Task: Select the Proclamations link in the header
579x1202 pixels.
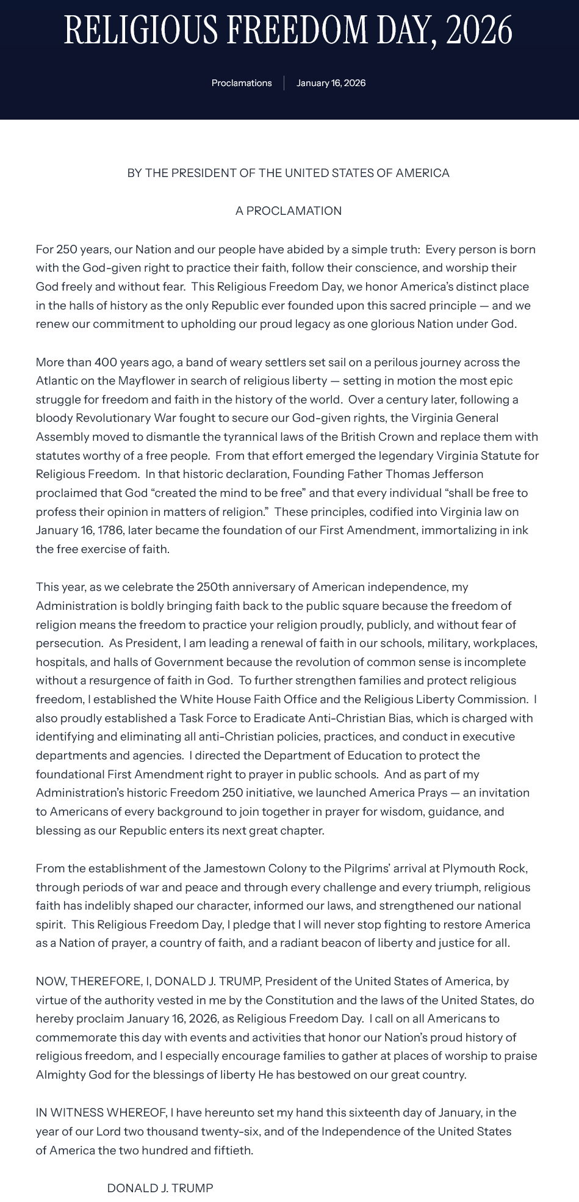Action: coord(242,83)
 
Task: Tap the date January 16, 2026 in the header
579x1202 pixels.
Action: coord(331,83)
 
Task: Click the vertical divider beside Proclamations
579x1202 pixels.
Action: coord(284,83)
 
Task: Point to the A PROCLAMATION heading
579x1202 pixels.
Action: coord(289,211)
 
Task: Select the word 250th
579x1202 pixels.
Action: coord(213,587)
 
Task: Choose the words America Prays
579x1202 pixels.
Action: coord(406,793)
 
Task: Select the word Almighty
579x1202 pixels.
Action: coord(60,1075)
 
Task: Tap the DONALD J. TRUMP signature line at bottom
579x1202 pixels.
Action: coord(160,1189)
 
